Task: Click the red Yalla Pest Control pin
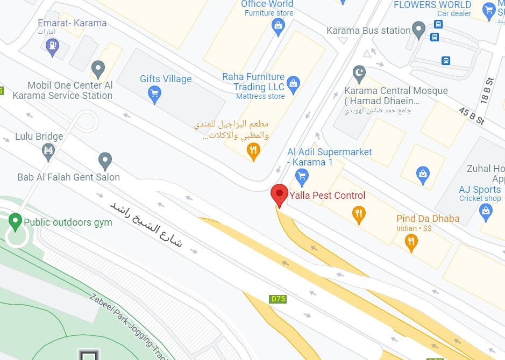(x=279, y=195)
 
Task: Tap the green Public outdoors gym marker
(x=15, y=220)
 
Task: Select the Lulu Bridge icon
(x=48, y=152)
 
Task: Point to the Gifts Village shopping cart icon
(x=154, y=95)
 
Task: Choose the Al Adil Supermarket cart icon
(x=302, y=175)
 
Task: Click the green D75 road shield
(x=278, y=299)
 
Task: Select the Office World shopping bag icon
(x=278, y=26)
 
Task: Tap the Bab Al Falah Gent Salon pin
(x=105, y=160)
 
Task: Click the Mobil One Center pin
(x=97, y=69)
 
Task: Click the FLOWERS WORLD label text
(x=432, y=5)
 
